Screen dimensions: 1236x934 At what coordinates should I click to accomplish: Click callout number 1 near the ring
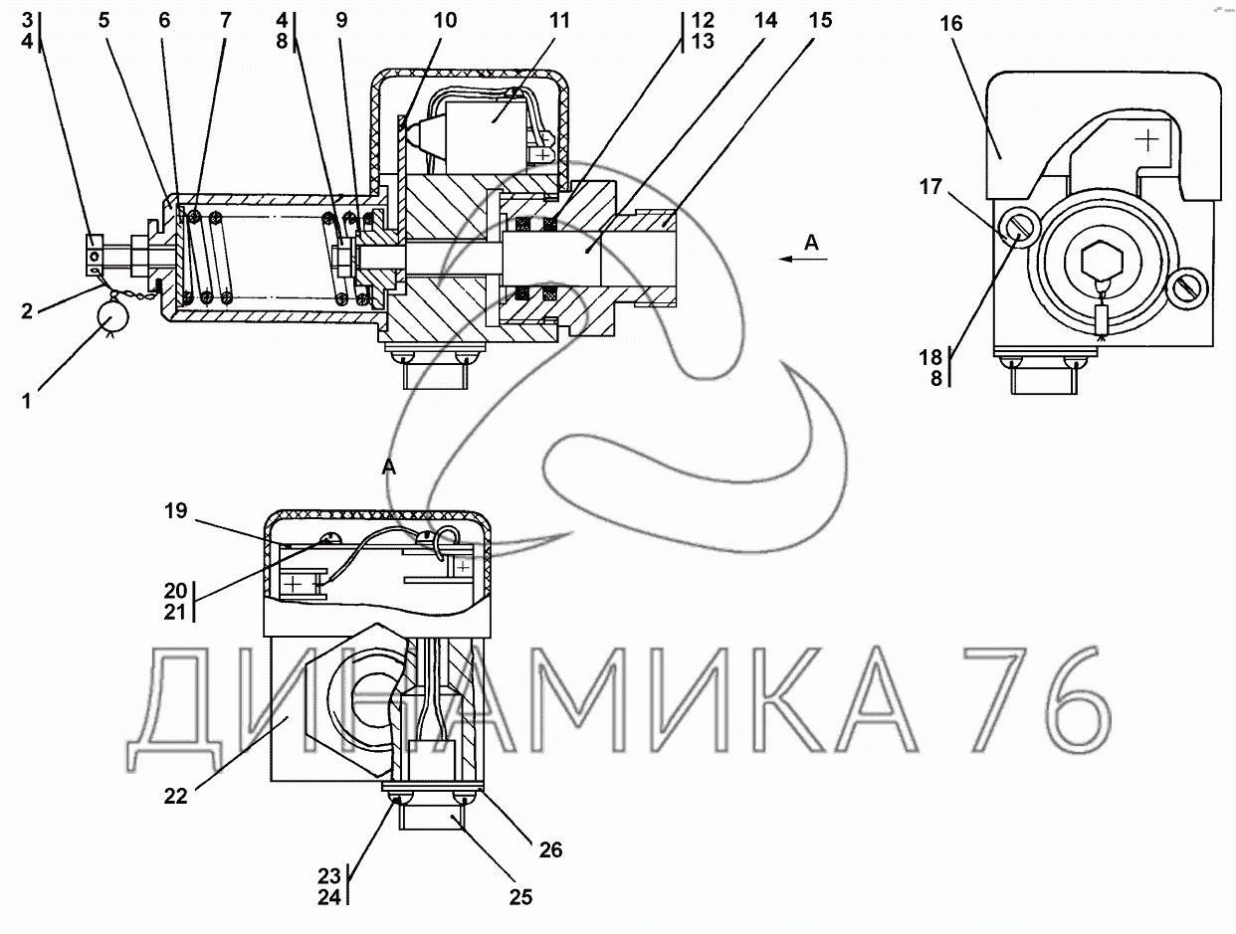(27, 402)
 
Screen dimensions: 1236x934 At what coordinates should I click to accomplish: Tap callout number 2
(27, 310)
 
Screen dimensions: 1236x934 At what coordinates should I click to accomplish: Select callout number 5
(103, 21)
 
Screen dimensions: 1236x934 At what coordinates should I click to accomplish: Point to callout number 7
(225, 21)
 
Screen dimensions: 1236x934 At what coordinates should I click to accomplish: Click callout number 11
(559, 21)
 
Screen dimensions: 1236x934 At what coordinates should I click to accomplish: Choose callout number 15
(820, 21)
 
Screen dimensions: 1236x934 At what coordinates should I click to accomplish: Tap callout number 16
(951, 24)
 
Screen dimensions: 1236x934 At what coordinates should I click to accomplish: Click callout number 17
(930, 186)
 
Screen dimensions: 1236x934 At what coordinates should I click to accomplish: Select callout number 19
(176, 511)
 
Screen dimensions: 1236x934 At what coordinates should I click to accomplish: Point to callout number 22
(176, 796)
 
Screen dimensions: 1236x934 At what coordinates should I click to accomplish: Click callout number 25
(520, 897)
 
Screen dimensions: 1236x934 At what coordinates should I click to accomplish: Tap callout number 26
(550, 850)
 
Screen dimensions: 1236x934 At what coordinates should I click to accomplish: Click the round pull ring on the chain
(112, 319)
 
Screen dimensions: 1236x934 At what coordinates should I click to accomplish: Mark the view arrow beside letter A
(803, 259)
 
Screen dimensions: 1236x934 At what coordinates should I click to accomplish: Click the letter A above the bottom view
(388, 467)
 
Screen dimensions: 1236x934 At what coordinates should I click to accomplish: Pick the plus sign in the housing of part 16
(1146, 140)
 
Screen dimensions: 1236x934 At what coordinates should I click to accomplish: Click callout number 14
(766, 21)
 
